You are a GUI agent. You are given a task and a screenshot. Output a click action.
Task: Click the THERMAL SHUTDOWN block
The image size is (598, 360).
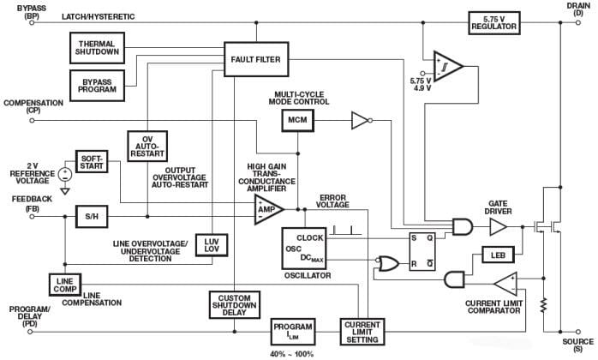coord(97,46)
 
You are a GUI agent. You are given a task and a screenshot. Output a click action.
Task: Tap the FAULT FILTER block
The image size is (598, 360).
coord(256,58)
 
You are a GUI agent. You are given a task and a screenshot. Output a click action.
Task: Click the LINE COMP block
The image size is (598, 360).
coord(64,285)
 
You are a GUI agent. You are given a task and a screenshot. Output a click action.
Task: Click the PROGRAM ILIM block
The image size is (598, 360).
coord(293,330)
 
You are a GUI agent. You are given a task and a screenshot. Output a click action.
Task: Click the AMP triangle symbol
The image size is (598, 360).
coord(266,209)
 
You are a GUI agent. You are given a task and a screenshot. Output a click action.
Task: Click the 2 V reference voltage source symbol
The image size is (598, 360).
coord(64,173)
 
